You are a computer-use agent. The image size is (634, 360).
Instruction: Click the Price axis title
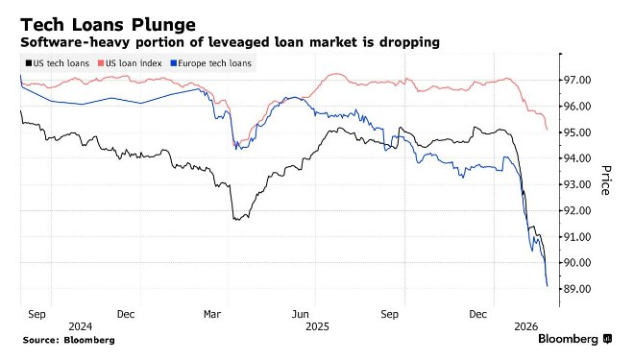click(x=606, y=180)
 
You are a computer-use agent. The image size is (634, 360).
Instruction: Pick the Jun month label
click(x=301, y=313)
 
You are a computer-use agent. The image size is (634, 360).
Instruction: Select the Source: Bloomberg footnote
click(x=69, y=340)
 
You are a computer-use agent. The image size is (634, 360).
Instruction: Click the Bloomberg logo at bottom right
click(x=574, y=339)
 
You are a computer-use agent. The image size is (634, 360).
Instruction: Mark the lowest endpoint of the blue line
click(x=548, y=286)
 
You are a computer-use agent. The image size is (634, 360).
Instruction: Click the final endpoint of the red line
click(x=547, y=130)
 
